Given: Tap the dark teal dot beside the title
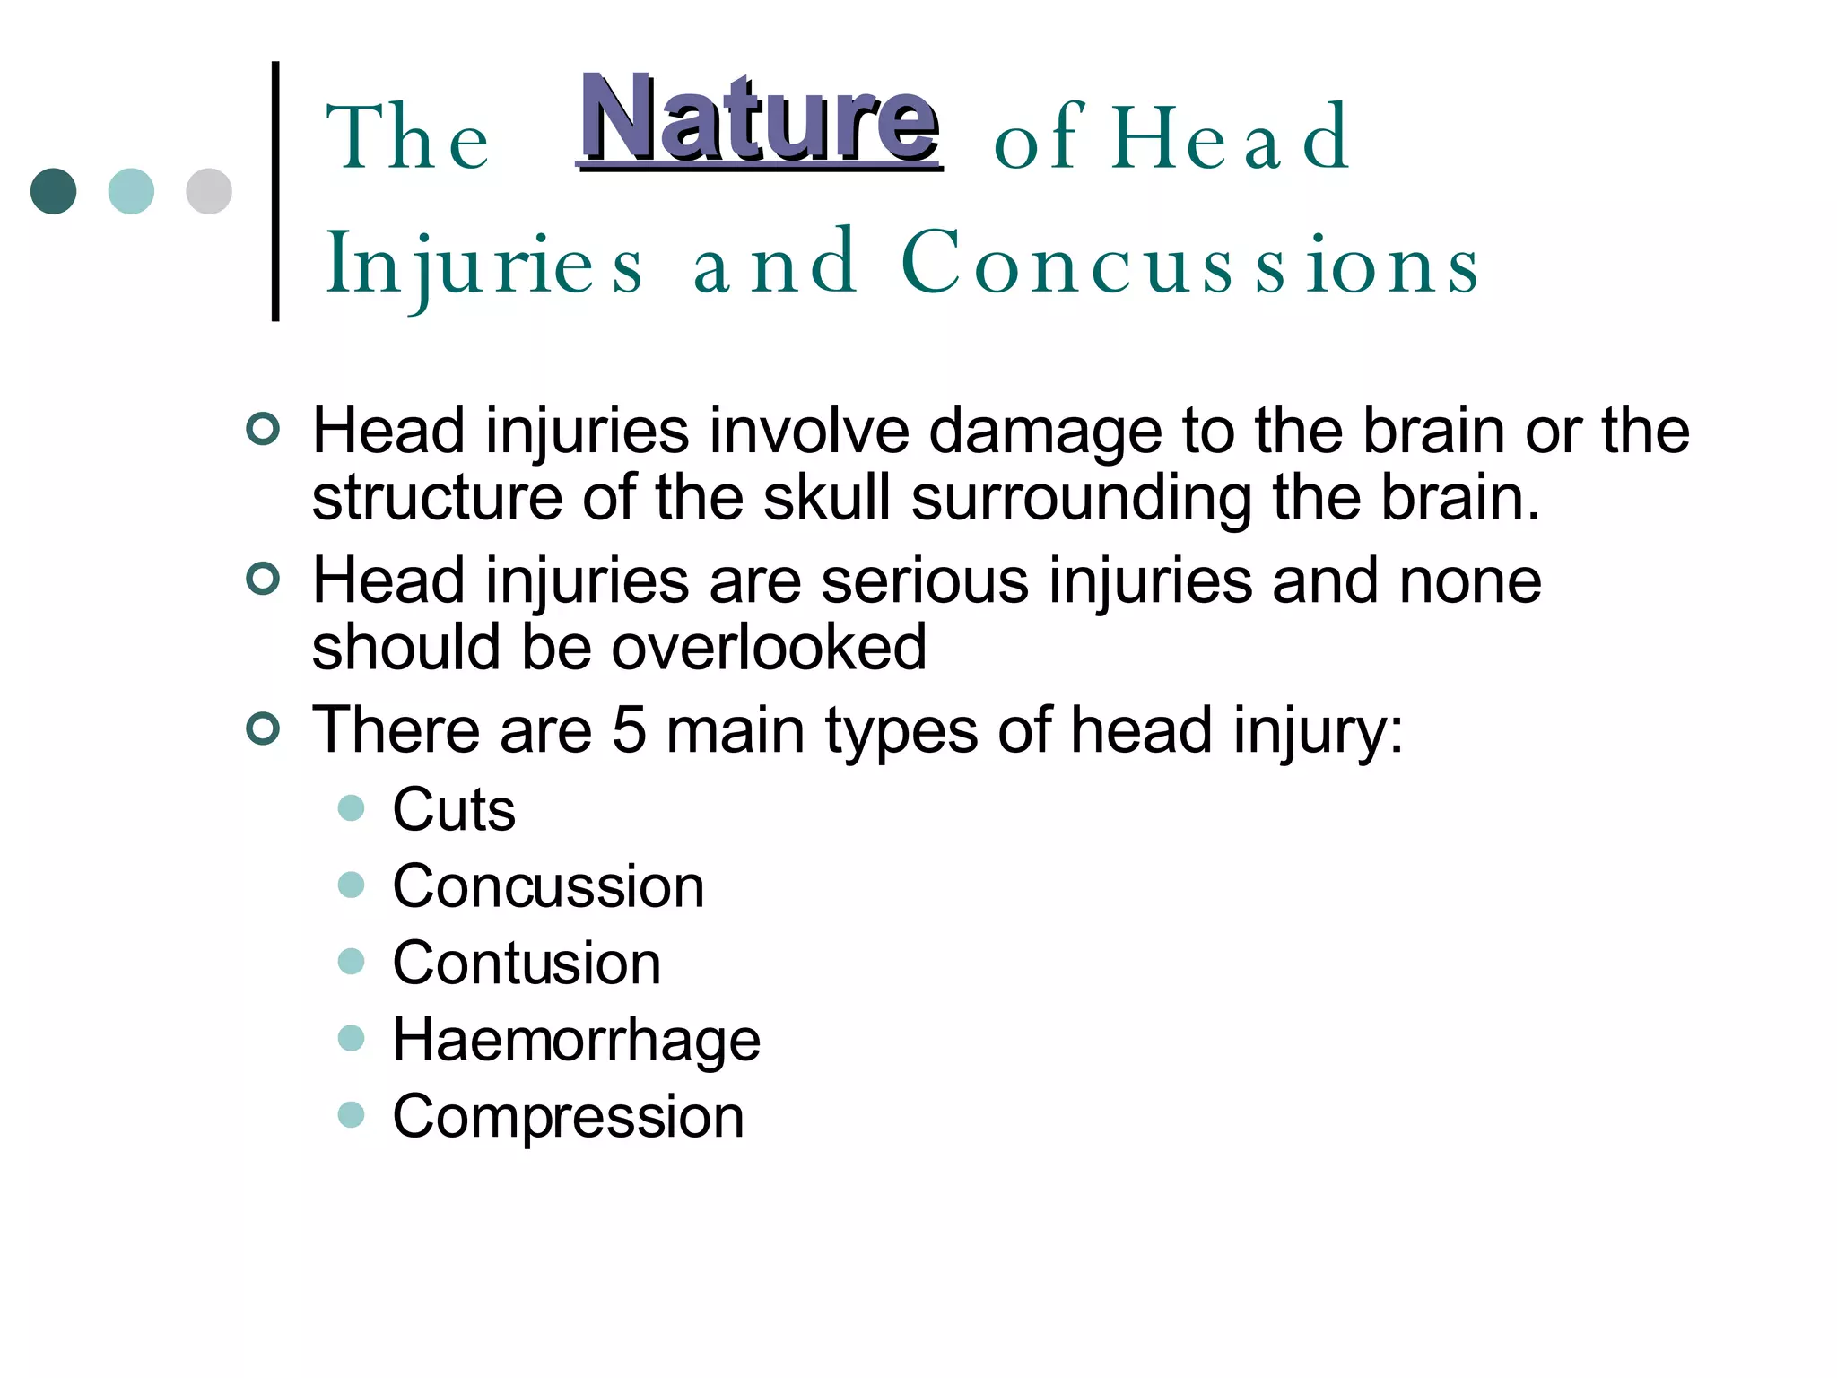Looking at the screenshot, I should point(54,191).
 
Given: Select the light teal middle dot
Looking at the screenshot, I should point(131,191).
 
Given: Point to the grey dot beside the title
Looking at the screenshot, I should point(209,191).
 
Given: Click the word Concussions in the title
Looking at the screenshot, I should point(1189,263).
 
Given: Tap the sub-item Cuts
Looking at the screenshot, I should point(454,809).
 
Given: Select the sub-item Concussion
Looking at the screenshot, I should point(548,886).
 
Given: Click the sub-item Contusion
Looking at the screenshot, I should point(527,963).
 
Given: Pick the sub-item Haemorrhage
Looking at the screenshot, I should point(577,1040).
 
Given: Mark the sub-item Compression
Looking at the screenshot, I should point(568,1117).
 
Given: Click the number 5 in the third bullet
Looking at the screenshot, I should point(629,729).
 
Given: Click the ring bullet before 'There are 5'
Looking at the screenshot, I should point(263,728).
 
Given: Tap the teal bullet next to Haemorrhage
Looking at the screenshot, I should point(351,1038).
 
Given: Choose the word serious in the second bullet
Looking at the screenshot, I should point(925,581).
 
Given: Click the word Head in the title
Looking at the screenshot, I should point(1230,138).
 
